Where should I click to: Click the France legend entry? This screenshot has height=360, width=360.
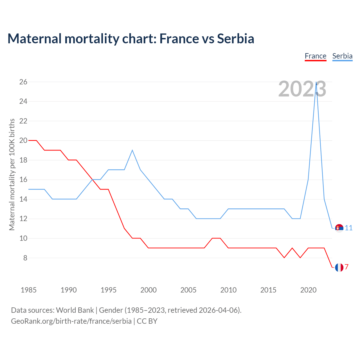pyautogui.click(x=316, y=56)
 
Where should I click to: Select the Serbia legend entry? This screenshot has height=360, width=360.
pyautogui.click(x=342, y=56)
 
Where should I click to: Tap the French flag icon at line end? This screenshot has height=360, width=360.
pyautogui.click(x=339, y=267)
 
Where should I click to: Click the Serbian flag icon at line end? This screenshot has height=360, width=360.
pyautogui.click(x=339, y=228)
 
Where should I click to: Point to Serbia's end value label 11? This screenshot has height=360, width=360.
pyautogui.click(x=349, y=228)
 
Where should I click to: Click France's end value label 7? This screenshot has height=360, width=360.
pyautogui.click(x=346, y=267)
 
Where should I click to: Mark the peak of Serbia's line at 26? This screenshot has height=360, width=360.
pyautogui.click(x=316, y=82)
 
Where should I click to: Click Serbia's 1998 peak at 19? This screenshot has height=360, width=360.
pyautogui.click(x=132, y=150)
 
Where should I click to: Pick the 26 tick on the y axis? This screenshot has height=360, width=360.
pyautogui.click(x=23, y=82)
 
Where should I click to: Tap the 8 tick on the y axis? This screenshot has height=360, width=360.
pyautogui.click(x=25, y=258)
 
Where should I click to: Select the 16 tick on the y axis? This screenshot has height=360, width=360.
pyautogui.click(x=23, y=180)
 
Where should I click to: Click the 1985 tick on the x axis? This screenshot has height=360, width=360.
pyautogui.click(x=29, y=290)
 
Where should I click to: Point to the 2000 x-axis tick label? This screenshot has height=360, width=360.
pyautogui.click(x=148, y=290)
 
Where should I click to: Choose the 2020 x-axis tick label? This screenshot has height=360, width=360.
pyautogui.click(x=308, y=290)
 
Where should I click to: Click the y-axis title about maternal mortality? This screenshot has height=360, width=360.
pyautogui.click(x=12, y=174)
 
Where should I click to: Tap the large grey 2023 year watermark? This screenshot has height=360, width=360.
pyautogui.click(x=302, y=89)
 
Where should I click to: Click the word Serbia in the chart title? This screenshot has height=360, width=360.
pyautogui.click(x=236, y=39)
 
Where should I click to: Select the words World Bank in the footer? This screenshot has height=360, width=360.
pyautogui.click(x=75, y=310)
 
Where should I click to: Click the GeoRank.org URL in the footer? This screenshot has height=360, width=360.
pyautogui.click(x=71, y=321)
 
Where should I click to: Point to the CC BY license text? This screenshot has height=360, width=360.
pyautogui.click(x=147, y=321)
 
